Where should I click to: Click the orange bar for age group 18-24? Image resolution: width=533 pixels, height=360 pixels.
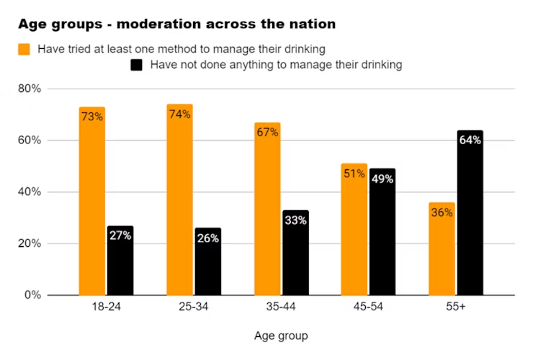[x=92, y=202]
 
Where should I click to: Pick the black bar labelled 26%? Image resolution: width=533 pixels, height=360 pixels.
[x=207, y=262]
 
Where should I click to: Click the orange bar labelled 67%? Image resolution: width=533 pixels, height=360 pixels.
[x=267, y=209]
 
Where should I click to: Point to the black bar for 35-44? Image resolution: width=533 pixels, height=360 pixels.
[x=295, y=253]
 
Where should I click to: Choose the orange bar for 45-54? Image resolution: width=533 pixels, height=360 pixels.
[x=354, y=230]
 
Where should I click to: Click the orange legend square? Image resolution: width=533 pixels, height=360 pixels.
[x=24, y=49]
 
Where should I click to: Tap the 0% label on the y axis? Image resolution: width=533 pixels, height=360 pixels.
[x=33, y=295]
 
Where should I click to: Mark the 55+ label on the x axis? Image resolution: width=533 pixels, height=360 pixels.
[x=455, y=307]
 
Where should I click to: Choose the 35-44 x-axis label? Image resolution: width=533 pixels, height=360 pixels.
[x=281, y=307]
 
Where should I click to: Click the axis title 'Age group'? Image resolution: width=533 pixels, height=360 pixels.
[x=281, y=336]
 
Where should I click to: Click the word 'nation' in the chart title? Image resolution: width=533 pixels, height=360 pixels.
[x=310, y=24]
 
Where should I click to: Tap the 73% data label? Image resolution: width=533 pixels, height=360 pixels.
[x=91, y=116]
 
